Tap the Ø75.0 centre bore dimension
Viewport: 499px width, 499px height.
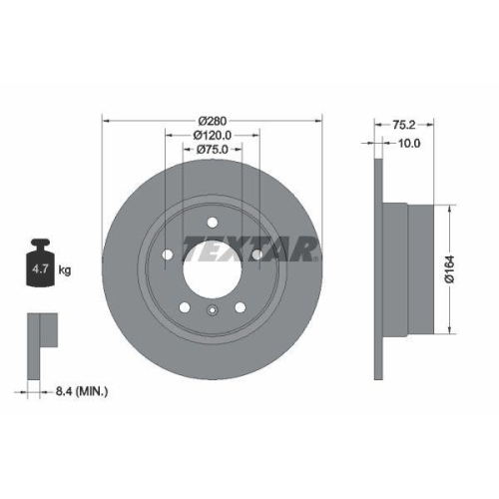tap(213, 150)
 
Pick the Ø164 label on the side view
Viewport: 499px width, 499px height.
tap(450, 267)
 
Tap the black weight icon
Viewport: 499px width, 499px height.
tap(42, 265)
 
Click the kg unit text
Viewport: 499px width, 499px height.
tap(65, 270)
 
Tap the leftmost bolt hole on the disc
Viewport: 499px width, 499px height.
tap(168, 253)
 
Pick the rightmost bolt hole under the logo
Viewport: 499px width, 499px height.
tap(257, 255)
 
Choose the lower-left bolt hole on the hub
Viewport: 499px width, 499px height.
tap(186, 305)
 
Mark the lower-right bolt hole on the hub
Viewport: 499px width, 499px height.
tap(241, 305)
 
